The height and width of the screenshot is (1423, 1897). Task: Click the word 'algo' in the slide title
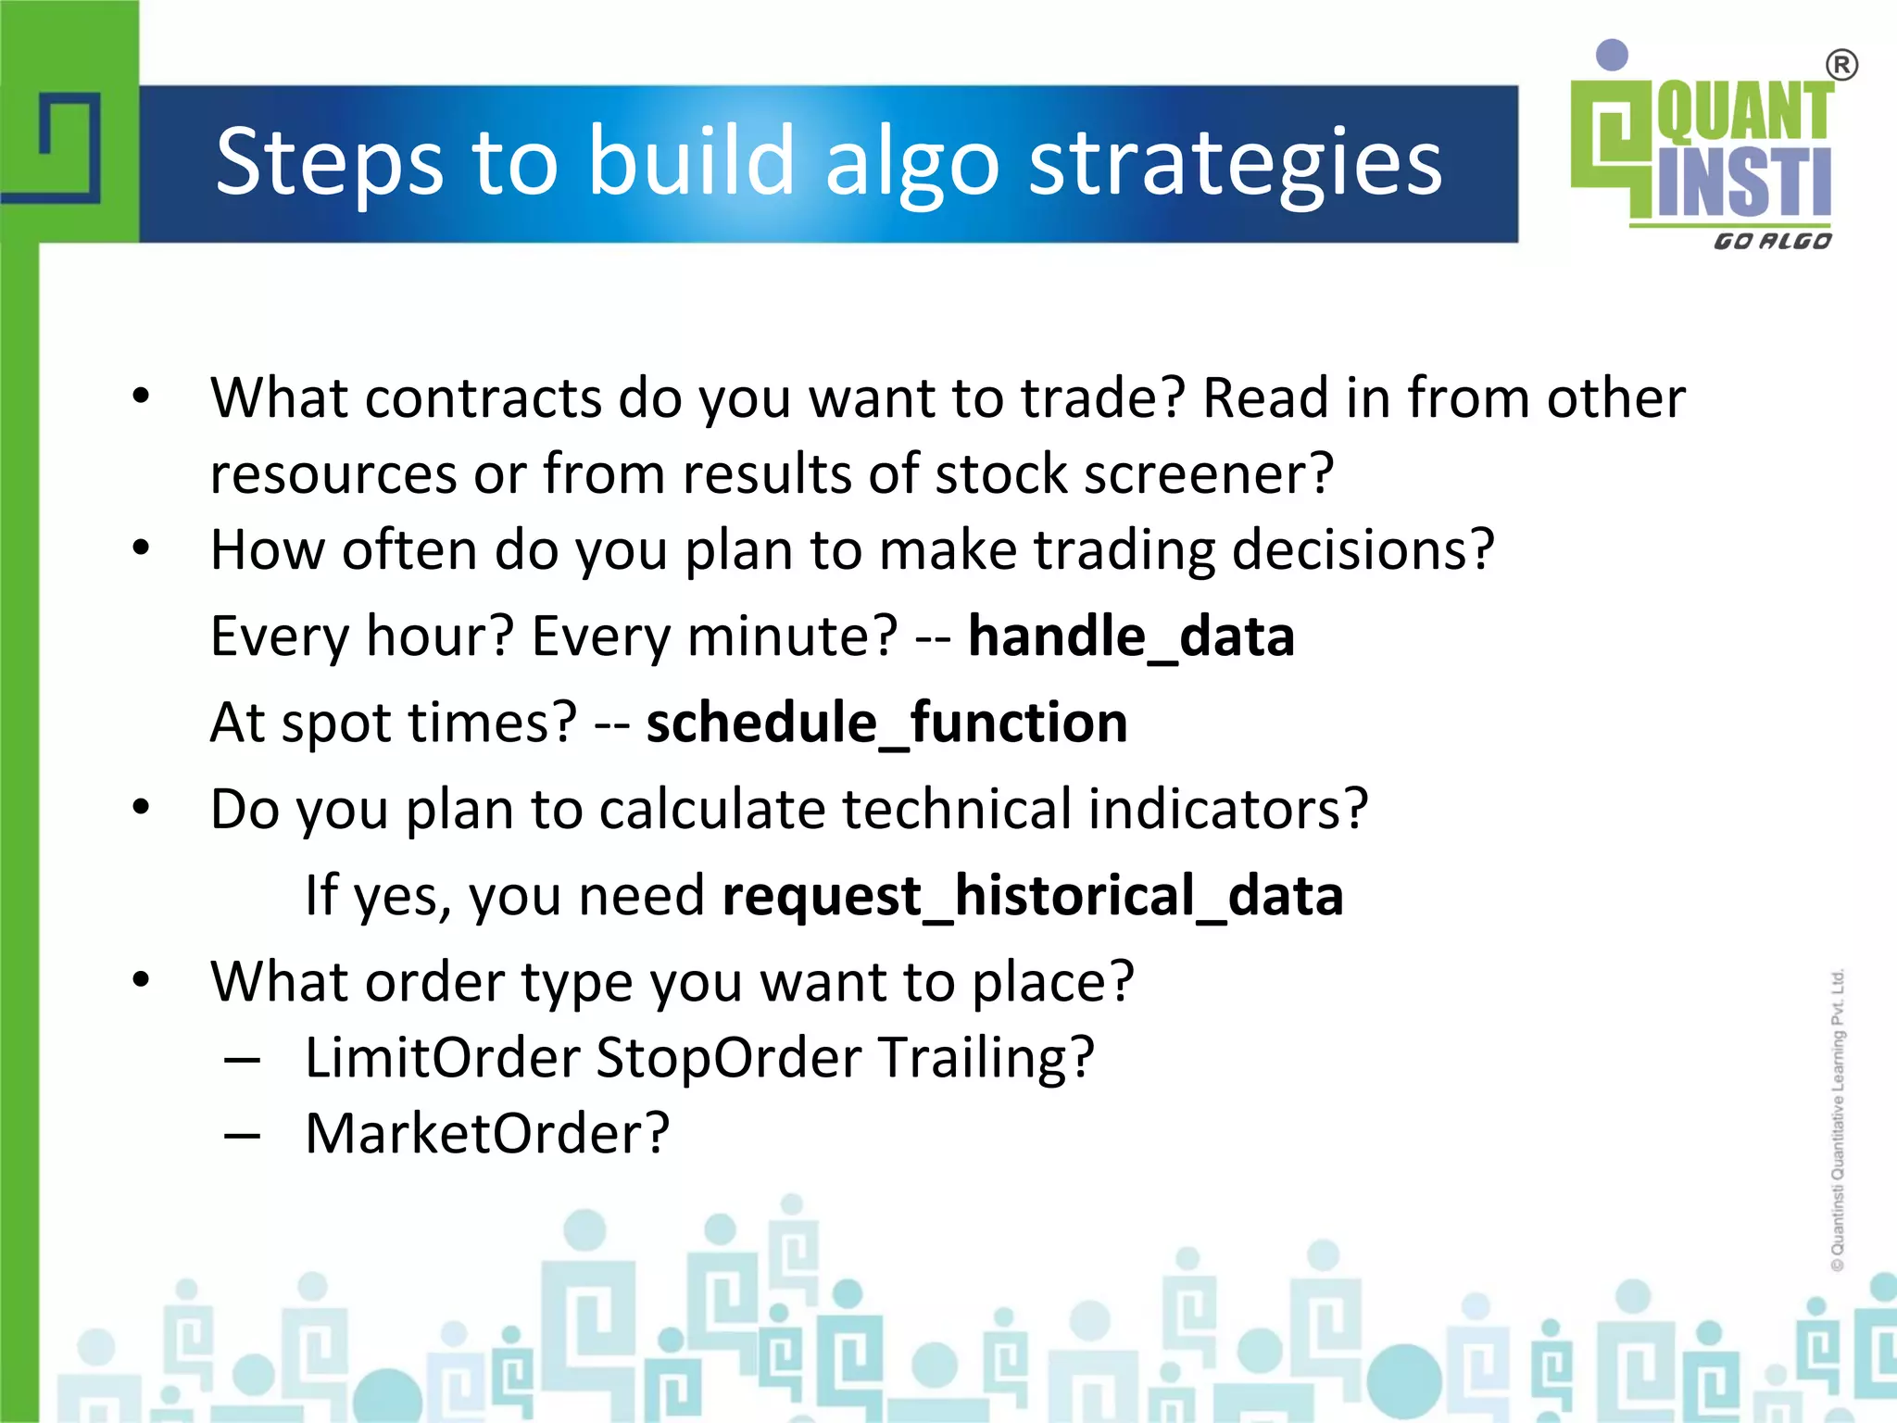(x=911, y=164)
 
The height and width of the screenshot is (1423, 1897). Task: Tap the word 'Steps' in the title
(x=329, y=164)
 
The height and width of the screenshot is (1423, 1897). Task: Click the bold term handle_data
(x=1131, y=637)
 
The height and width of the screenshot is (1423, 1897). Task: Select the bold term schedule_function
(x=886, y=724)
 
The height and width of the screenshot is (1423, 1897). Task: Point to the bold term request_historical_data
(x=1033, y=896)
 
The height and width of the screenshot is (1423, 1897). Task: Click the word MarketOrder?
(x=487, y=1133)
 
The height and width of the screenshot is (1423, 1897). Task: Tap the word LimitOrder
(x=442, y=1057)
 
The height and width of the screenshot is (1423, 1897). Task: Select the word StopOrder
(x=728, y=1057)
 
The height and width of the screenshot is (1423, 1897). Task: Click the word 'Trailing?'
(x=987, y=1059)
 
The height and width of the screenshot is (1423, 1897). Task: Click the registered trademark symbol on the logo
(x=1841, y=66)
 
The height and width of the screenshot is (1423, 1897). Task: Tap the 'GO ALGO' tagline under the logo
(x=1772, y=242)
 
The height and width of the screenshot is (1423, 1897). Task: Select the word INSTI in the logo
(x=1744, y=183)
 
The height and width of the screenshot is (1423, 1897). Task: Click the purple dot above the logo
(x=1613, y=55)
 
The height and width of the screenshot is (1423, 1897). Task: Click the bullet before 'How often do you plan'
(x=141, y=548)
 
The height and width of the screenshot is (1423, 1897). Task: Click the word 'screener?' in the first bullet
(x=1209, y=474)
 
